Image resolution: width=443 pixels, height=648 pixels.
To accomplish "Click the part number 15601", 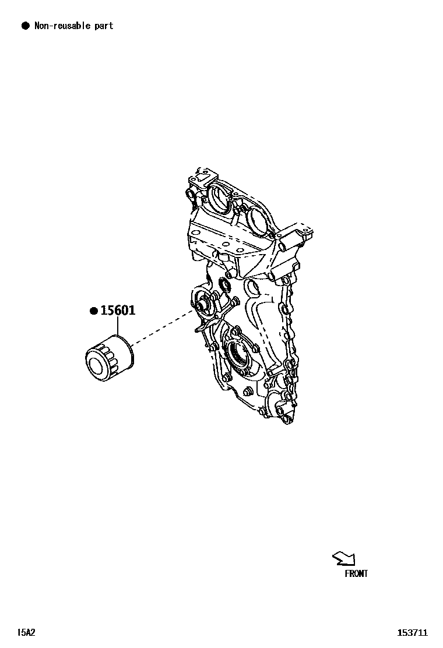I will pos(118,310).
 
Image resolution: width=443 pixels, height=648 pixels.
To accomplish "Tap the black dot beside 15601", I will pos(93,311).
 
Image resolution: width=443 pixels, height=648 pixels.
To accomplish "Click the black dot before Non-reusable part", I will pos(25,26).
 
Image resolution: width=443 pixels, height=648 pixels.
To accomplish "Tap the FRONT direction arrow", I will pos(343,559).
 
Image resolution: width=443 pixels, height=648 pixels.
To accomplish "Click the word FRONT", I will pos(356,574).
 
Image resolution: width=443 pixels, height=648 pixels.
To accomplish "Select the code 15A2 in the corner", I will pos(27,632).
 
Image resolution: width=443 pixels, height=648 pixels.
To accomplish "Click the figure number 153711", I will pos(413,632).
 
